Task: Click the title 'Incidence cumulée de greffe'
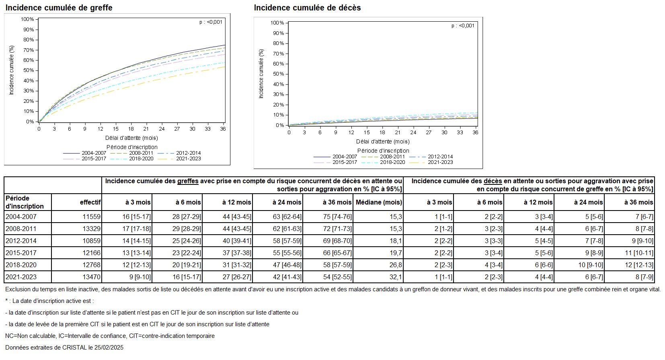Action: coord(59,8)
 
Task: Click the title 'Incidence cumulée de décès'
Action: coord(307,8)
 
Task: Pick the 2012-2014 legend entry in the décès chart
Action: coord(440,157)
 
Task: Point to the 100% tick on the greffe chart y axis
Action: coord(27,19)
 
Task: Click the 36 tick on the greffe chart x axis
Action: coord(223,129)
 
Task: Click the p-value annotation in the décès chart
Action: coord(463,26)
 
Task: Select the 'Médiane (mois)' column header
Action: coord(378,202)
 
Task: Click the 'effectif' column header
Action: coord(90,202)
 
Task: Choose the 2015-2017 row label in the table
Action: coord(21,253)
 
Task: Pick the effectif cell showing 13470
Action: coord(92,277)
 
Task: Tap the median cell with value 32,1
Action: coord(396,277)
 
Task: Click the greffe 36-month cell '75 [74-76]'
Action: coord(337,217)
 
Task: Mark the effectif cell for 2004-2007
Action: coord(92,217)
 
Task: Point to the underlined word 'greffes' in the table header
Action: coord(188,181)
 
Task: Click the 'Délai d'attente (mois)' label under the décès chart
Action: coord(382,141)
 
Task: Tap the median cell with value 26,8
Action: coord(396,265)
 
